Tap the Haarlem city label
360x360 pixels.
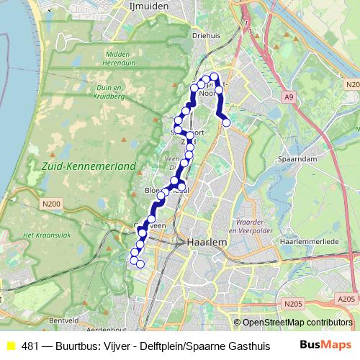click(207, 243)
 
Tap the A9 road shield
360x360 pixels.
click(289, 96)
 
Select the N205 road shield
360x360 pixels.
click(292, 304)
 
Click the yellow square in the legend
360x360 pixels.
click(11, 345)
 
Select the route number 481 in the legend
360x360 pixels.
click(30, 345)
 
